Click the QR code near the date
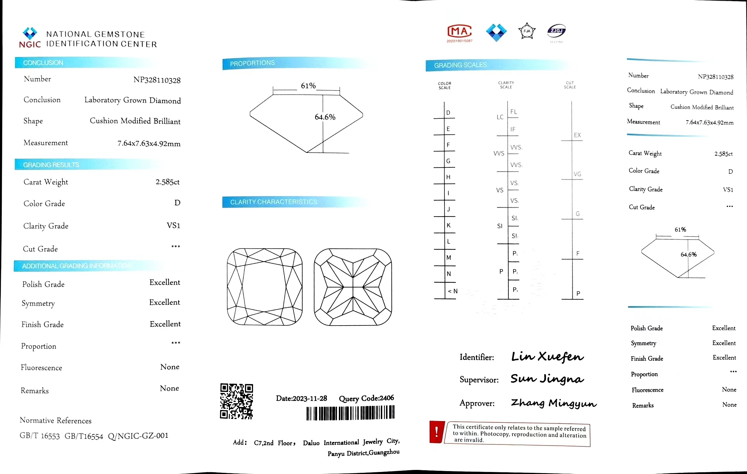(236, 401)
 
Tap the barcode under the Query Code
(350, 413)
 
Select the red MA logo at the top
(459, 31)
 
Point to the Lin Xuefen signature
(547, 356)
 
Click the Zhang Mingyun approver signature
(554, 403)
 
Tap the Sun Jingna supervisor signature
(547, 379)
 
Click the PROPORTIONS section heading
(252, 63)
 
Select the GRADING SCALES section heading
(460, 65)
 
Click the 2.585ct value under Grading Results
(168, 182)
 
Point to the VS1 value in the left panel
(173, 225)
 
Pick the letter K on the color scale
(449, 225)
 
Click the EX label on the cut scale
(577, 135)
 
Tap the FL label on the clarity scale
(514, 112)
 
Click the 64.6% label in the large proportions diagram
(325, 117)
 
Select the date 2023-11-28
(310, 398)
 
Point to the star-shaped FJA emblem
(527, 31)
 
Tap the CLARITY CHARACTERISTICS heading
(273, 202)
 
